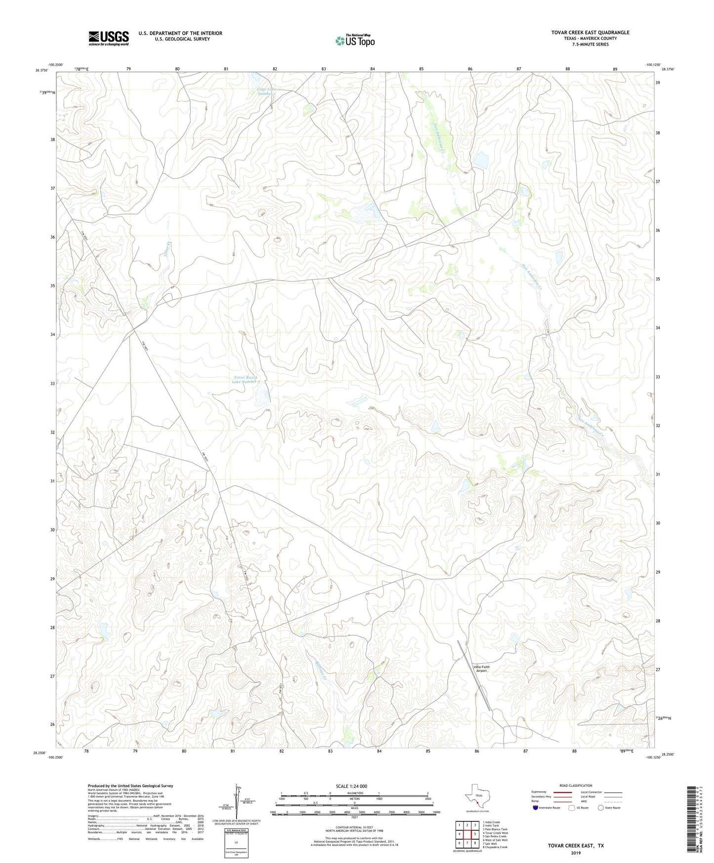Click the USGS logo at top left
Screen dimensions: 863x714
(x=109, y=38)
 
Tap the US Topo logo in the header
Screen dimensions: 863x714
(x=354, y=41)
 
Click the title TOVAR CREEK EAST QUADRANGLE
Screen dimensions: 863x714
(x=590, y=33)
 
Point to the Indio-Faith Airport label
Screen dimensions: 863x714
(x=481, y=669)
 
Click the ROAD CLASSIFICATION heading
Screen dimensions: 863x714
(x=576, y=785)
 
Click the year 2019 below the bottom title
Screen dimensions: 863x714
(x=576, y=853)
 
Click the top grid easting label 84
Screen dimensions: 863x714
(x=373, y=69)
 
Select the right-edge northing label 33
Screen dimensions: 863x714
(x=658, y=377)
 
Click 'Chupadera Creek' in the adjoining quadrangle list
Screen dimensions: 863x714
(x=497, y=847)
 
